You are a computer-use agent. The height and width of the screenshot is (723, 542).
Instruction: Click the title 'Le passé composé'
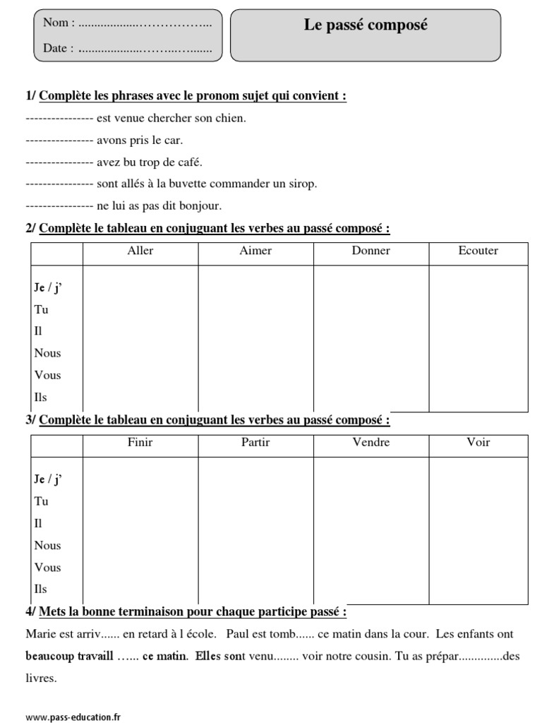[366, 25]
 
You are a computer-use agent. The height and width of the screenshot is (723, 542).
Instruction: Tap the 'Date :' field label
[59, 49]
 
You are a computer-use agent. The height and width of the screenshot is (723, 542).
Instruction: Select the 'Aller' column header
[140, 251]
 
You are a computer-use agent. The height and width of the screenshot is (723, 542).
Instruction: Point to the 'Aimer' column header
[255, 251]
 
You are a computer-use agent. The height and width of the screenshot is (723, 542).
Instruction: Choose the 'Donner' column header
[371, 251]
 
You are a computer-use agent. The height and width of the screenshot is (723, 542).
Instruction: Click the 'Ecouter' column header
[478, 251]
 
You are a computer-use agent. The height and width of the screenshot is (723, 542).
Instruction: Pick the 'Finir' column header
[140, 443]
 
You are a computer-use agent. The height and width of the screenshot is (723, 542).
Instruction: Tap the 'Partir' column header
[255, 443]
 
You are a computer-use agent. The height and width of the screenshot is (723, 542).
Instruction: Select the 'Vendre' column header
[371, 443]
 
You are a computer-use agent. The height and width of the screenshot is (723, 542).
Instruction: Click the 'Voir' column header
[478, 443]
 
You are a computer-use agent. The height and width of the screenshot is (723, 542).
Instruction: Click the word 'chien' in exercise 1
[231, 118]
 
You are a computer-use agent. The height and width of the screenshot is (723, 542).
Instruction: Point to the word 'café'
[189, 162]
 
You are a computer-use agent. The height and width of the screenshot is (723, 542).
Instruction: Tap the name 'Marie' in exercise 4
[40, 635]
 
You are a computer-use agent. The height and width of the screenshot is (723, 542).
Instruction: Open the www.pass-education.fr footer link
[68, 717]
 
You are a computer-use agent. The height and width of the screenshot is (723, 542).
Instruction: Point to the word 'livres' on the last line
[41, 679]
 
